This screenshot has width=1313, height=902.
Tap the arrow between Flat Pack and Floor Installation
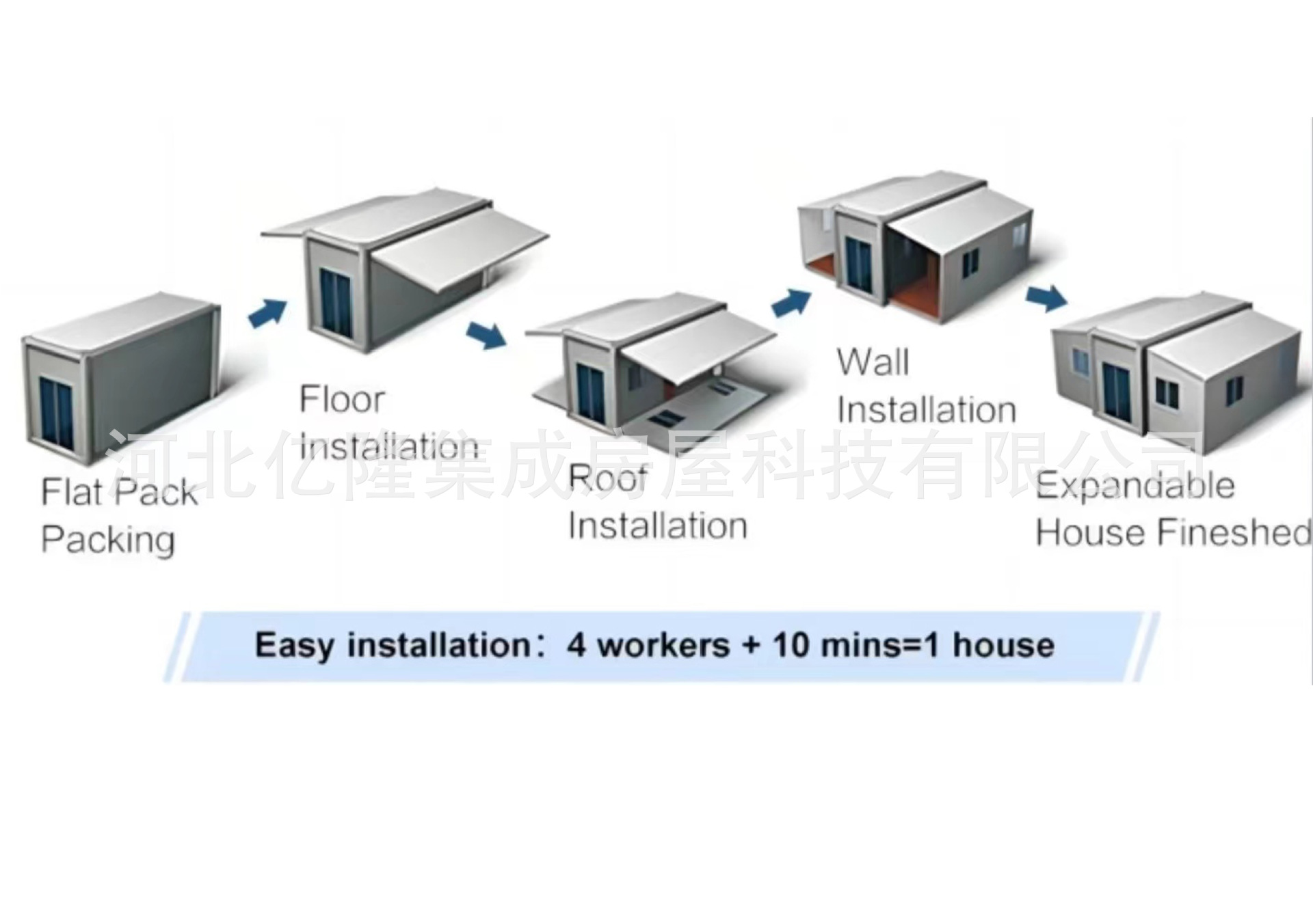click(x=267, y=312)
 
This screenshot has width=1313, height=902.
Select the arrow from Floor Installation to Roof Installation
click(x=487, y=334)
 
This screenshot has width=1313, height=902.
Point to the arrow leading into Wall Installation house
click(x=792, y=301)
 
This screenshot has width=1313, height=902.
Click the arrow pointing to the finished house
click(x=1046, y=297)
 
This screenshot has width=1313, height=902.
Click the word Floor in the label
click(x=342, y=400)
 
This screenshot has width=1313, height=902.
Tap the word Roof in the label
click(x=607, y=478)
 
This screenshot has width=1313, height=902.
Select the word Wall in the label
click(x=873, y=362)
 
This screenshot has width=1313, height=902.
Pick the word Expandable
click(x=1135, y=486)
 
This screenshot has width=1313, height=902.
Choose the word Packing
click(x=108, y=540)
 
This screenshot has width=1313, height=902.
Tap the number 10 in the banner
click(x=791, y=645)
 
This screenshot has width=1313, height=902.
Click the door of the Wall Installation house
click(x=858, y=262)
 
